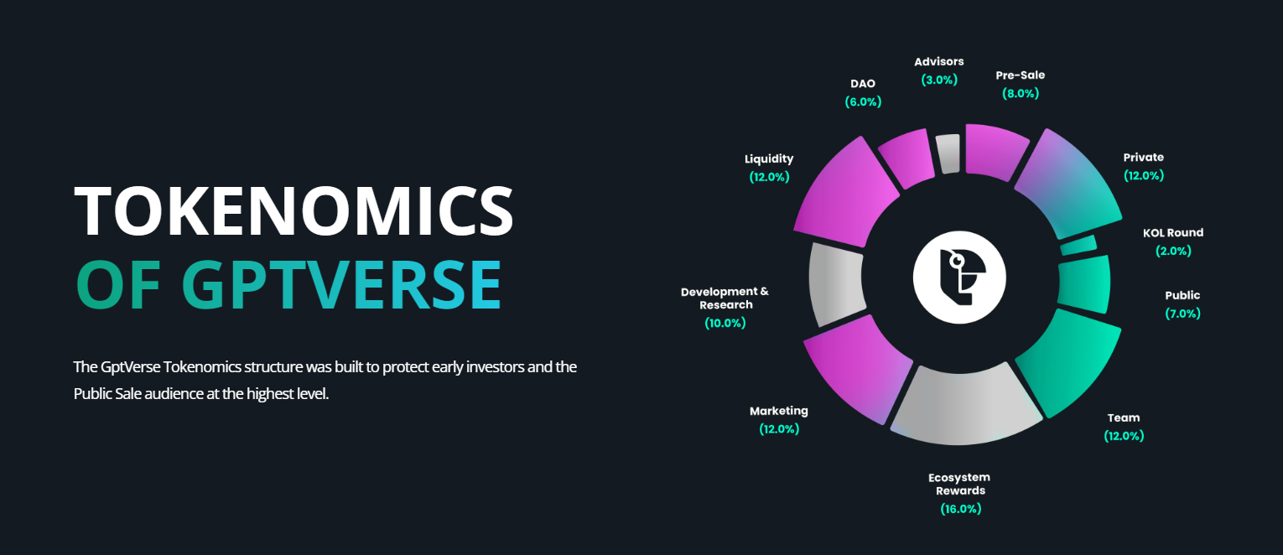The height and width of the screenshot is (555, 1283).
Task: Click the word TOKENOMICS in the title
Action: tap(293, 210)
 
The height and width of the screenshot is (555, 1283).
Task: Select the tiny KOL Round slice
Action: tap(1078, 245)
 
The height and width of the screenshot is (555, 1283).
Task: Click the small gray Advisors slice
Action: tap(948, 153)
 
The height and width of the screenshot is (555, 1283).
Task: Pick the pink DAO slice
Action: tap(907, 158)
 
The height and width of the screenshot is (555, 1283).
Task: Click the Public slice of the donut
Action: tap(1084, 283)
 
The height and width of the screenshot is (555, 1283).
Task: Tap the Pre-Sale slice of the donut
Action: tap(995, 151)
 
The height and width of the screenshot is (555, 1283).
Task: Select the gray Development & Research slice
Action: tap(835, 283)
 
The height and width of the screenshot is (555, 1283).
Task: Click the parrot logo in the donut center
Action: tap(959, 277)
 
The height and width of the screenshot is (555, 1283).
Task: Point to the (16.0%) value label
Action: tap(960, 509)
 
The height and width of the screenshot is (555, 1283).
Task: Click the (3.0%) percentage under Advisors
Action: tap(939, 80)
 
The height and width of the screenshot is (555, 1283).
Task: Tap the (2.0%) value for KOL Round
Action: tap(1173, 251)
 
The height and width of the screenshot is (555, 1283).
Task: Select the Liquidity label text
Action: tap(769, 159)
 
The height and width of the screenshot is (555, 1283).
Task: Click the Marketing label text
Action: tap(779, 411)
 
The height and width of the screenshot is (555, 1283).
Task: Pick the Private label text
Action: tap(1143, 158)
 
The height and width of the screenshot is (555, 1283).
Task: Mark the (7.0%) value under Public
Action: tap(1182, 314)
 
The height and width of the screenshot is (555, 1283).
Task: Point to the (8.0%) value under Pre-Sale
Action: tap(1020, 93)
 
